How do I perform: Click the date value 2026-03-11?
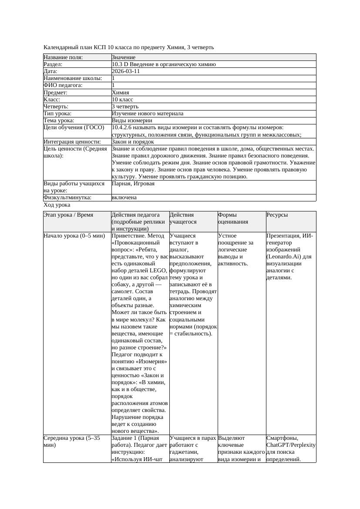click(126, 71)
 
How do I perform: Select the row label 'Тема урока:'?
click(59, 121)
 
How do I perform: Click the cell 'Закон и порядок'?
click(133, 142)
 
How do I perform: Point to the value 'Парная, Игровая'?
click(133, 184)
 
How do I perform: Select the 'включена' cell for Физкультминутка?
click(124, 198)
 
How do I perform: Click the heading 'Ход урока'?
click(57, 205)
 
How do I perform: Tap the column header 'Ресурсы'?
click(277, 215)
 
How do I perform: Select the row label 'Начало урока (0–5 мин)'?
click(74, 236)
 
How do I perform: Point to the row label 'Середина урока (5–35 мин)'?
click(72, 442)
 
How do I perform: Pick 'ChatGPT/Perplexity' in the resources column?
click(291, 445)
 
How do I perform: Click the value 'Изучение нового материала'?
click(148, 114)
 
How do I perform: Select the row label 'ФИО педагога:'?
click(63, 86)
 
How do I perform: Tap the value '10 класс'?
click(122, 100)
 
